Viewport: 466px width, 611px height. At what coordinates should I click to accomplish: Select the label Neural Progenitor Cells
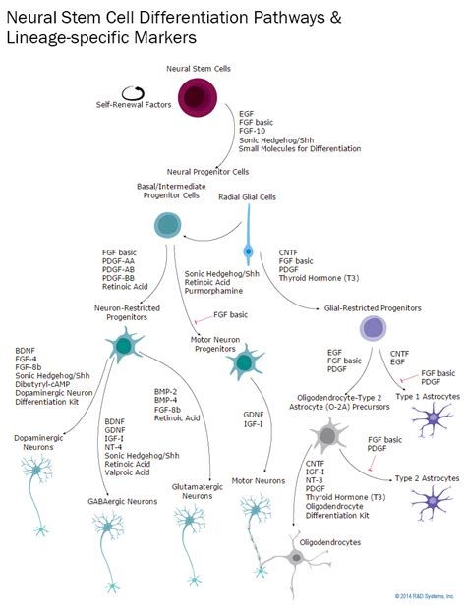(x=209, y=170)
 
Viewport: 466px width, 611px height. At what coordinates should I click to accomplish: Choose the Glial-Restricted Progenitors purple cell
(x=373, y=327)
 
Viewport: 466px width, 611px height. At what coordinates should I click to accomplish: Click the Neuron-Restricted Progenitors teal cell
(x=124, y=345)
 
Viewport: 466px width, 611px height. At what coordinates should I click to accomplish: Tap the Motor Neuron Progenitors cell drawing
(x=243, y=364)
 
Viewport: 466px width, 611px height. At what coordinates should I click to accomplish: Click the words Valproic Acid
(x=128, y=472)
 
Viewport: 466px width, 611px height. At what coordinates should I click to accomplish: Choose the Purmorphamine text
(x=212, y=291)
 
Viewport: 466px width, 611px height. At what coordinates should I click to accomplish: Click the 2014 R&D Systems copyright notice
(x=425, y=595)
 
